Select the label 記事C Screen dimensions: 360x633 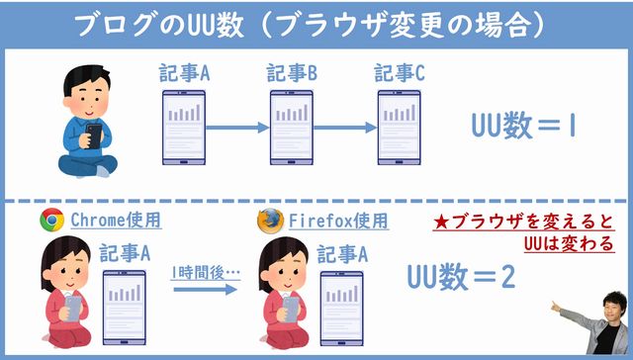point(400,73)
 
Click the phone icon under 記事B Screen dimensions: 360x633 point(292,128)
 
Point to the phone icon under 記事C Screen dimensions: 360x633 point(399,128)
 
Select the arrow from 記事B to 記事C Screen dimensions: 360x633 point(345,127)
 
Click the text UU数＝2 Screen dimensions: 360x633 point(462,278)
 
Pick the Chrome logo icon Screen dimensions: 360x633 point(51,220)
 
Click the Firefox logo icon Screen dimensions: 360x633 point(269,220)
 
